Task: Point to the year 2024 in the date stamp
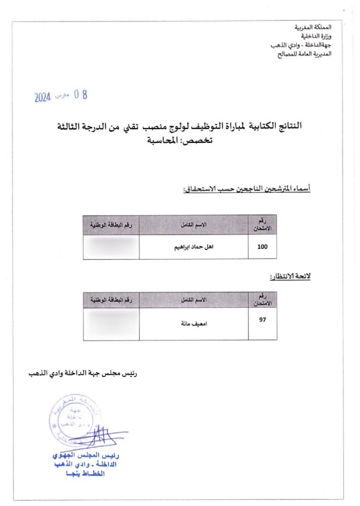coord(43,98)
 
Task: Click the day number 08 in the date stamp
coord(81,95)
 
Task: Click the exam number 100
coord(263,247)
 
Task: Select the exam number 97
coord(263,319)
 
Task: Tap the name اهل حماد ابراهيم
coord(194,247)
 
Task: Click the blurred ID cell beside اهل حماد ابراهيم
coord(111,247)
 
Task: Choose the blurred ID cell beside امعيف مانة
coord(111,324)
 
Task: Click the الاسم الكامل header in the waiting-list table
coord(194,300)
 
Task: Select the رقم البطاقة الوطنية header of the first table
coord(111,225)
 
